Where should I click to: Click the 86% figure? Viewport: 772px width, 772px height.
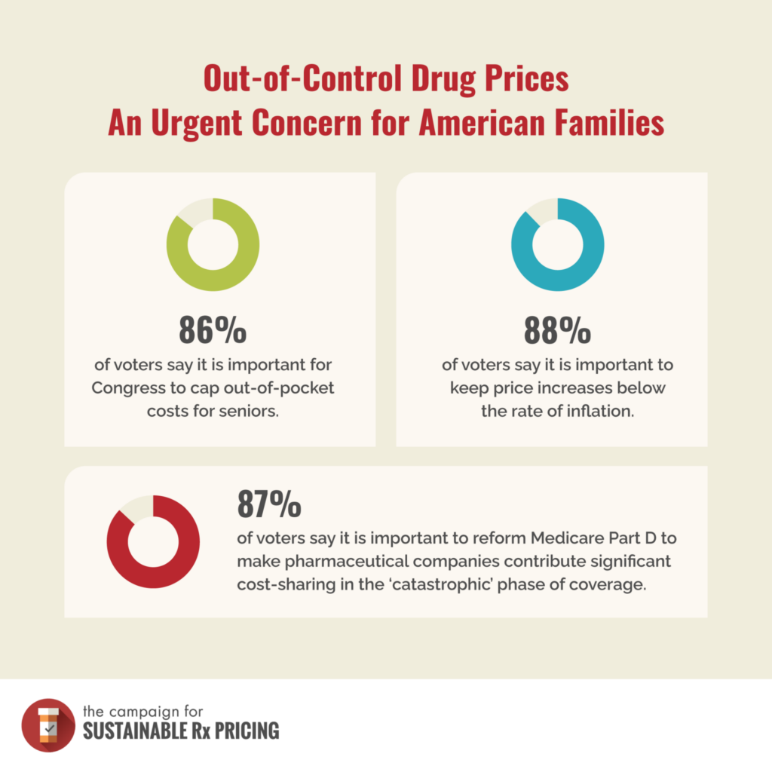point(213,329)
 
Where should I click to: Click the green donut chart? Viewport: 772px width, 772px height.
point(213,244)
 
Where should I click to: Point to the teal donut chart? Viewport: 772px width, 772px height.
point(557,244)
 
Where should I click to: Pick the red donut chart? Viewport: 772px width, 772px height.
point(153,541)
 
